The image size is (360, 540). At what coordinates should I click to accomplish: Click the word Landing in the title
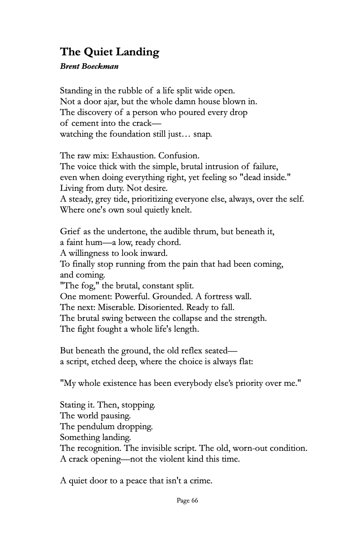(139, 52)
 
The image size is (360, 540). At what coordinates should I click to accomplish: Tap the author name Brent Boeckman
(89, 67)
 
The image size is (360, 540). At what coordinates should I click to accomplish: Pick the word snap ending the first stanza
(203, 134)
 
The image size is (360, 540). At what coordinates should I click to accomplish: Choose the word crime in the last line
(201, 481)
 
